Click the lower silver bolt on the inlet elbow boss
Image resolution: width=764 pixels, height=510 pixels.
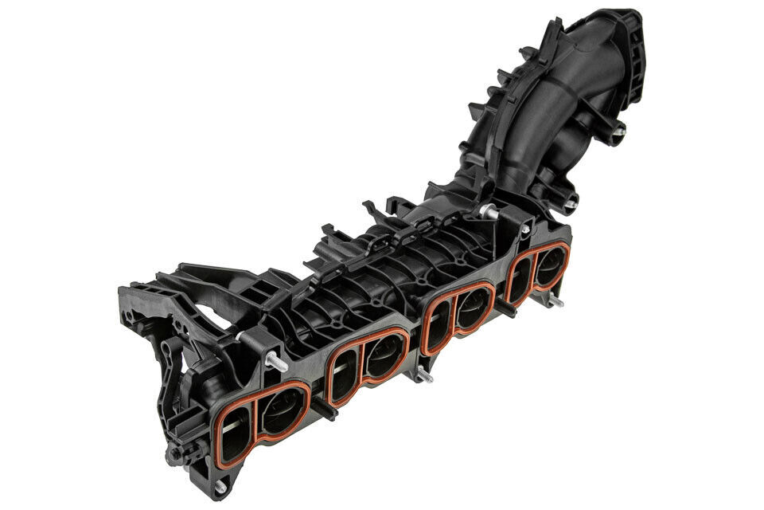571,204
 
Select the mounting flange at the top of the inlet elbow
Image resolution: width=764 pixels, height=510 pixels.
629,48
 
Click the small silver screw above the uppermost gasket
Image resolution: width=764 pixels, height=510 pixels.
524,229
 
